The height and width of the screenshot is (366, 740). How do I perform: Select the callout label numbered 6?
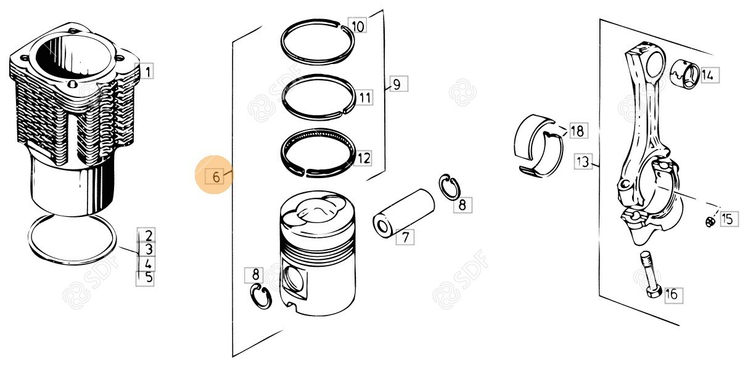215,177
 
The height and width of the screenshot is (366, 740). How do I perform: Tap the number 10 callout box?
358,26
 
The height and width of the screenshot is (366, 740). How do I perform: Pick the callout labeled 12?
363,158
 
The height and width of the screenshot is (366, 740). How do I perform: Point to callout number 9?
398,84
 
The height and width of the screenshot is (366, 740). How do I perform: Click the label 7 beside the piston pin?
405,237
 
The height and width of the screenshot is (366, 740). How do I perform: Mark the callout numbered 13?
583,161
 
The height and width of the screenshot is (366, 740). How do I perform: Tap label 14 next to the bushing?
709,75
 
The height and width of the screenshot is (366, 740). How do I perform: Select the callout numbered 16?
673,295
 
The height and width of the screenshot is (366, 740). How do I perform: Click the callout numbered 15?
729,218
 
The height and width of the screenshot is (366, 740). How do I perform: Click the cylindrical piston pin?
403,213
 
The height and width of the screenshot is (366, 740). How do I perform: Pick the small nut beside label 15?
709,222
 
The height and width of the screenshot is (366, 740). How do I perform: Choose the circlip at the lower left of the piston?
261,296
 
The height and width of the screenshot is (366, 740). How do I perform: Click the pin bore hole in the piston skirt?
294,279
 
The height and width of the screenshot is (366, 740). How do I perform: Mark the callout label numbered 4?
147,264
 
